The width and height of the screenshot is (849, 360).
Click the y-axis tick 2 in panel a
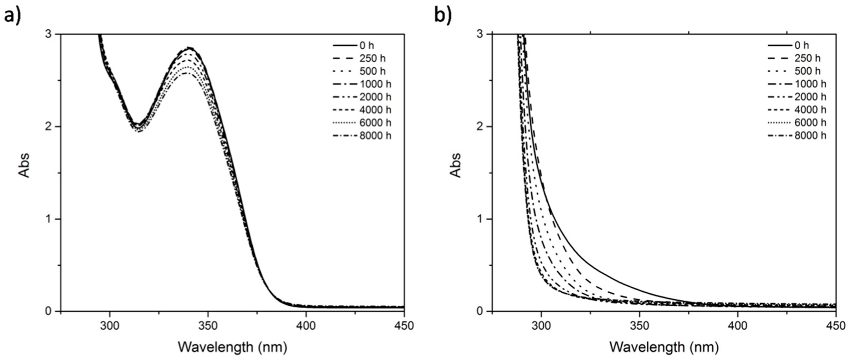[51, 126]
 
